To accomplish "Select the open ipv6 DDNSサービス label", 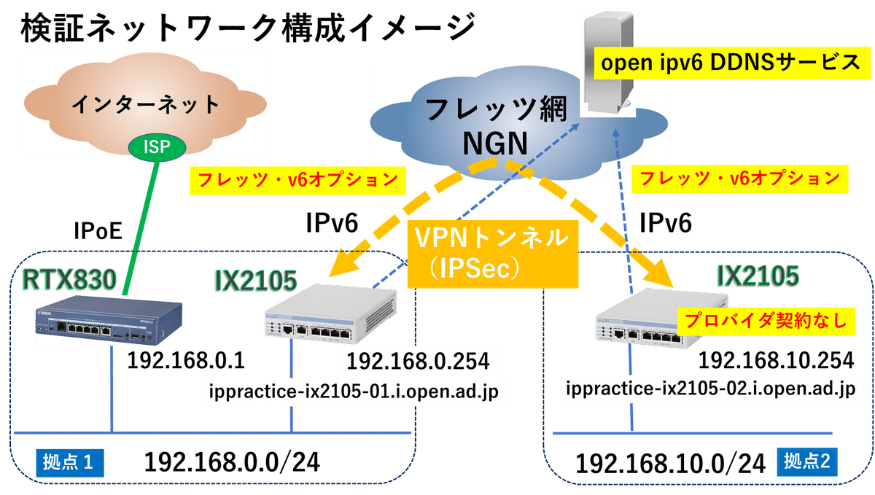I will (x=730, y=63).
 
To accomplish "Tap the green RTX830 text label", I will (x=70, y=278).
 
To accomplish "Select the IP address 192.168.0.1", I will (x=185, y=361).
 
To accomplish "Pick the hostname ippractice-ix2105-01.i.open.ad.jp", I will (x=353, y=391).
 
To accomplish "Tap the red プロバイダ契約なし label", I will (x=763, y=321).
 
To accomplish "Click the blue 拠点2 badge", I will (x=809, y=461).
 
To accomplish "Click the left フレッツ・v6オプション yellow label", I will (x=295, y=179).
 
